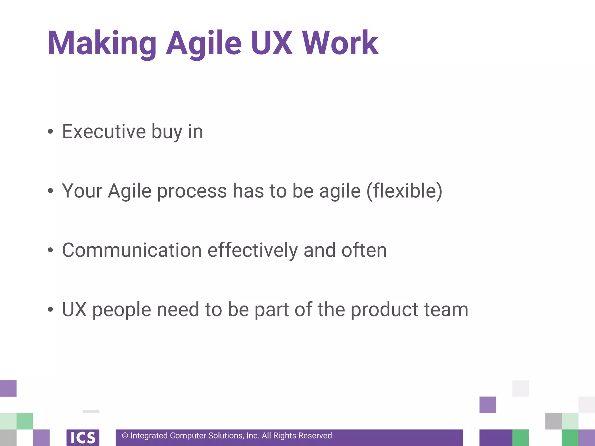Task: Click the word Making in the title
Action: [x=102, y=44]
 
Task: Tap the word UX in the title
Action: [x=272, y=44]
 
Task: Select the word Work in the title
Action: [x=340, y=44]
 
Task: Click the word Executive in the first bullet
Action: [x=104, y=132]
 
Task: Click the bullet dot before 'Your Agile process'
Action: [x=51, y=191]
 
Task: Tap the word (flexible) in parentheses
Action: [x=404, y=191]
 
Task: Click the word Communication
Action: [x=132, y=250]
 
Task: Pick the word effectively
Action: [x=252, y=250]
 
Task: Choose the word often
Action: [x=364, y=250]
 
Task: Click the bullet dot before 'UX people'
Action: [x=51, y=310]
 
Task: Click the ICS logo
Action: [x=83, y=437]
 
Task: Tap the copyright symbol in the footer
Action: [x=125, y=436]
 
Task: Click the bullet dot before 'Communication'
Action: [x=51, y=250]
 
